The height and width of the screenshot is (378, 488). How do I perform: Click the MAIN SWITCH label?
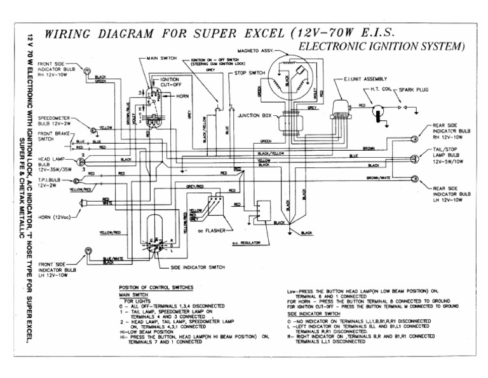pyautogui.click(x=161, y=59)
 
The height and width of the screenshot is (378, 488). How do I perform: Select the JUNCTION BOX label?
pyautogui.click(x=254, y=116)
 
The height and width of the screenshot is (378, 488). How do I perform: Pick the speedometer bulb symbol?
pyautogui.click(x=93, y=130)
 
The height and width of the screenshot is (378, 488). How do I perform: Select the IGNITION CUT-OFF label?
pyautogui.click(x=163, y=81)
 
